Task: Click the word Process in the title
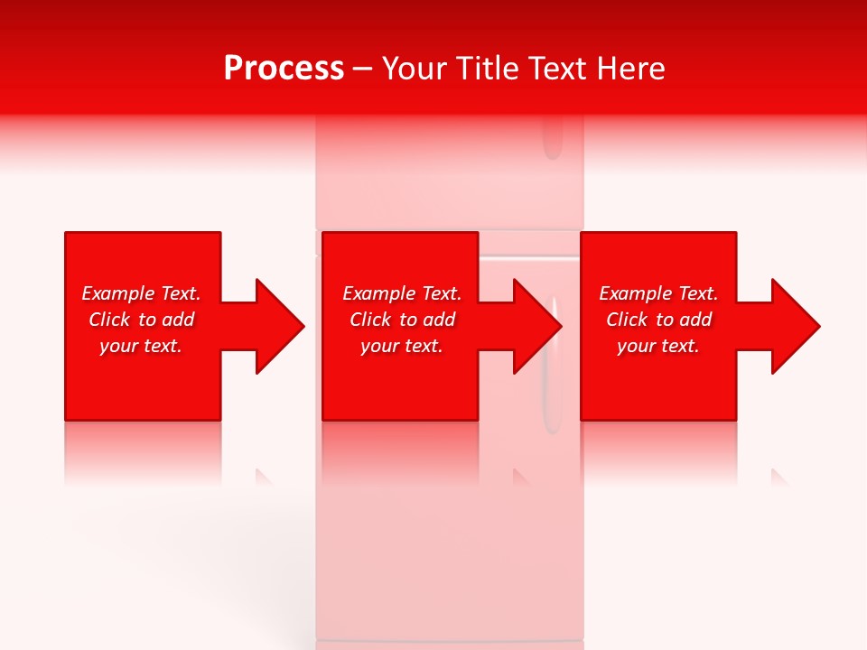(284, 69)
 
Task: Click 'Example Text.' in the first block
(141, 293)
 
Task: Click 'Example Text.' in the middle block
(402, 293)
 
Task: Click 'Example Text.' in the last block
(658, 293)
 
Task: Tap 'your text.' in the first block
(141, 346)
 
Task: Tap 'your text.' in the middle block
(402, 346)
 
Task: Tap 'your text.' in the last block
(658, 346)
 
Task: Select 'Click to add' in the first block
(141, 320)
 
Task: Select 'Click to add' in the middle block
(402, 320)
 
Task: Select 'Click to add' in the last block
(658, 320)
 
